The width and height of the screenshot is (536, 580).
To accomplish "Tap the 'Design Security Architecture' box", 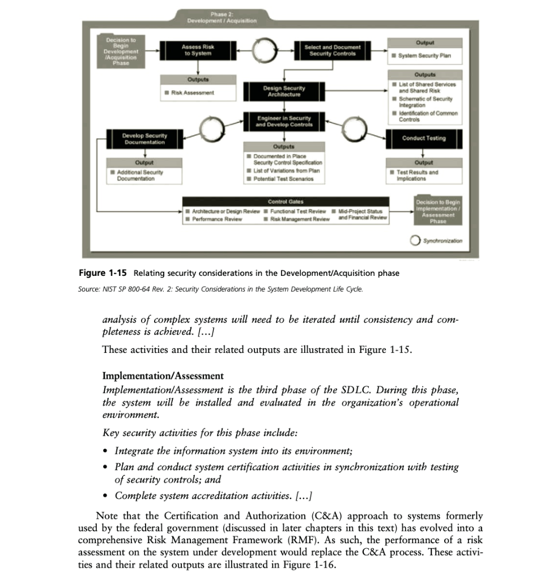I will pyautogui.click(x=284, y=91).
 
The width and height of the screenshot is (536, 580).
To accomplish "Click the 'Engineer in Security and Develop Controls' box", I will pyautogui.click(x=284, y=121).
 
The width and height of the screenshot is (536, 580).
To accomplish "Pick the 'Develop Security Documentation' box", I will pyautogui.click(x=144, y=139).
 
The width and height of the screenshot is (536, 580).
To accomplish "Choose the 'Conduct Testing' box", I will pyautogui.click(x=424, y=138).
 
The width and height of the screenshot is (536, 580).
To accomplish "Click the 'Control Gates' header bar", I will pyautogui.click(x=286, y=201).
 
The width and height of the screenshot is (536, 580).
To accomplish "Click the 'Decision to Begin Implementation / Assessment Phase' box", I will pyautogui.click(x=438, y=211).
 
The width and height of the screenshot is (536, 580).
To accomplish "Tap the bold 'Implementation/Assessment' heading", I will pyautogui.click(x=163, y=376).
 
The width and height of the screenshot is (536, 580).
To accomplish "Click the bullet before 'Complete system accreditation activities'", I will pyautogui.click(x=107, y=496).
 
